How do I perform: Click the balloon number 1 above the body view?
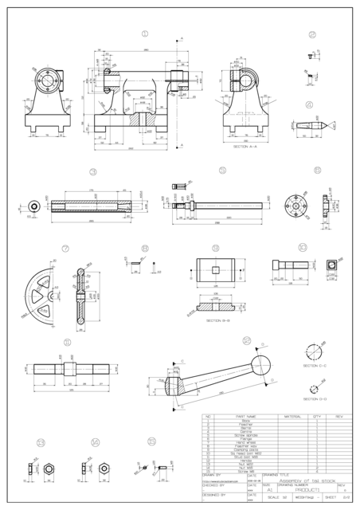(145, 34)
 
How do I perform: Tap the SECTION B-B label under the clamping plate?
(218, 320)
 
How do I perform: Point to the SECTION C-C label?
(316, 366)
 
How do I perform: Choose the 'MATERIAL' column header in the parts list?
(290, 417)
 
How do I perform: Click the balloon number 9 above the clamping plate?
(216, 248)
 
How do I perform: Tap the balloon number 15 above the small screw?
(151, 441)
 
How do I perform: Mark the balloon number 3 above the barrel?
(93, 171)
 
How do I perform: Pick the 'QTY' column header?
(316, 417)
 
